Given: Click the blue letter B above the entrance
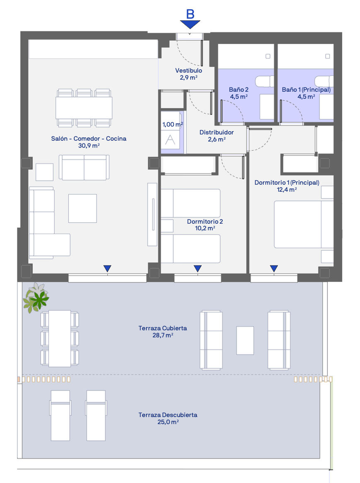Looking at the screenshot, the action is point(190,14).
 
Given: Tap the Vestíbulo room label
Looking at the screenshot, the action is point(188,71).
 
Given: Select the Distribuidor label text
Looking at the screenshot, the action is point(216,132).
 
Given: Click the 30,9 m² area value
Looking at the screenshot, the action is point(89,145).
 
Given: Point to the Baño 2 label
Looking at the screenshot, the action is point(238,90).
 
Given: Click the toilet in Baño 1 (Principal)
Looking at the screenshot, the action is point(324,81).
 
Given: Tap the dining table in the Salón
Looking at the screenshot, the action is point(84,108).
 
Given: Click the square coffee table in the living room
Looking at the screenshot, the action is point(83,208).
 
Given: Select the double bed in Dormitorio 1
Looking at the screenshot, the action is point(304,224).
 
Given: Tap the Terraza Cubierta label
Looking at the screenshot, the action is point(163,328).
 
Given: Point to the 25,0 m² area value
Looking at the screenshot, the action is point(168,422).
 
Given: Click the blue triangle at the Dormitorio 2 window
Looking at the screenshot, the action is point(198,268).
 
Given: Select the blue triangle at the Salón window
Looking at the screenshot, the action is point(107,268).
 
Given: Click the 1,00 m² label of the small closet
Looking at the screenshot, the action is point(173,124).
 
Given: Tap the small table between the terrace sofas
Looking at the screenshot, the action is point(245,340).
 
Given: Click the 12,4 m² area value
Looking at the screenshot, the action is point(287,190).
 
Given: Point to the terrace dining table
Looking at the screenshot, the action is point(60,339).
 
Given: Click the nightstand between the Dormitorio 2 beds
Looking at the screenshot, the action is point(167,226).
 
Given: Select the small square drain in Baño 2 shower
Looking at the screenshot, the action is point(268,56).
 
